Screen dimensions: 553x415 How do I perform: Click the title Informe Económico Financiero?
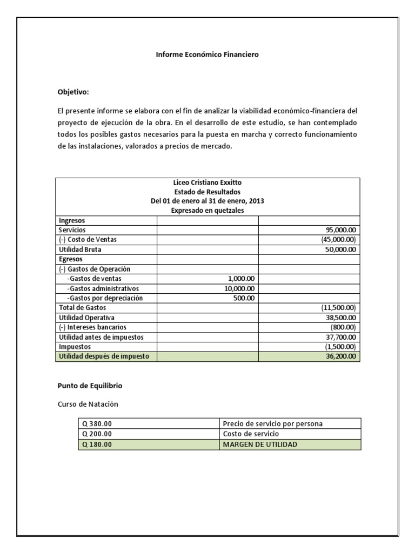pyautogui.click(x=207, y=55)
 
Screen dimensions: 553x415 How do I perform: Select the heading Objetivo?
pyautogui.click(x=73, y=92)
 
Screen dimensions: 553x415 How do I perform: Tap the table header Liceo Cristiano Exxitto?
pyautogui.click(x=207, y=183)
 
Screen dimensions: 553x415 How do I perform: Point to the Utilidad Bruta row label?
pyautogui.click(x=79, y=249)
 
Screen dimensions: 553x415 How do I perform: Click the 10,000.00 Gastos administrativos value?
pyautogui.click(x=240, y=288)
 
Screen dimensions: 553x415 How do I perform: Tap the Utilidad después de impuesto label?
pyautogui.click(x=103, y=356)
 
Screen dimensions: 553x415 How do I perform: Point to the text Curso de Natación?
pyautogui.click(x=88, y=403)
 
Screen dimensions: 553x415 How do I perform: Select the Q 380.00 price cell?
pyautogui.click(x=97, y=423)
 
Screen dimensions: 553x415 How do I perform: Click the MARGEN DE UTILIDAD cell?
pyautogui.click(x=259, y=444)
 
